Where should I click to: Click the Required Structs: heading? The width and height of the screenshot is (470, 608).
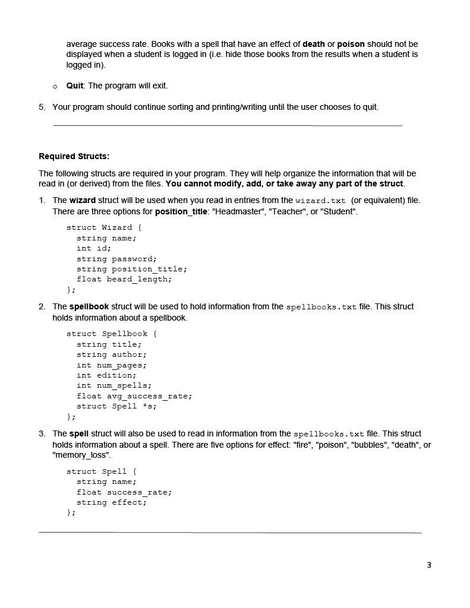(74, 156)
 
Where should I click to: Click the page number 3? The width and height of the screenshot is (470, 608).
(429, 565)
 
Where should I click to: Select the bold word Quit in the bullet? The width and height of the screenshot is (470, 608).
(75, 85)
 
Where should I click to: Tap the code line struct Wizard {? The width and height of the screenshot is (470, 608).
(104, 227)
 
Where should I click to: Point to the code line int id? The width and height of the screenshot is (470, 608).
(94, 248)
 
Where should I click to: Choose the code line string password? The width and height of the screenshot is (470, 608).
(116, 259)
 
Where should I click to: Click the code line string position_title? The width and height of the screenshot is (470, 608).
(131, 269)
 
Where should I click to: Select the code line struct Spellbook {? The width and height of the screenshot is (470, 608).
(112, 334)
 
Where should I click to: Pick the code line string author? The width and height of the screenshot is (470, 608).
(112, 354)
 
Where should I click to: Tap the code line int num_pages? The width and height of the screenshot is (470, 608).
(112, 365)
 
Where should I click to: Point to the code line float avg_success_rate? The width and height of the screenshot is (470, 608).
(134, 396)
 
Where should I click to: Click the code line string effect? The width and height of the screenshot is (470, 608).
(112, 502)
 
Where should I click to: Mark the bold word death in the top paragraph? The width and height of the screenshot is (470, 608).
(314, 44)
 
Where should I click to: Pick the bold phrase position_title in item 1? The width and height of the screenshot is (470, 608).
(181, 211)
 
